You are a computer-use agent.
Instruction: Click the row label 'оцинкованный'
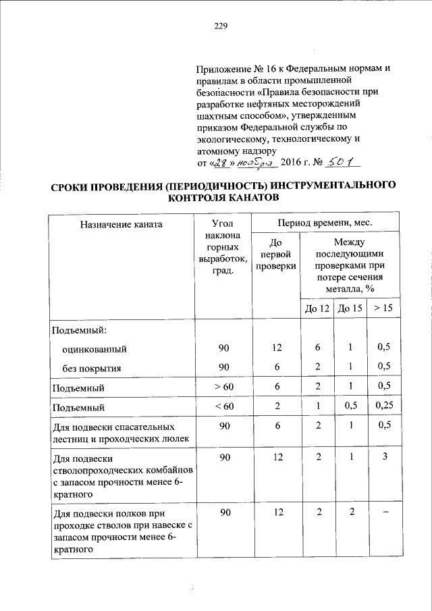pos(94,349)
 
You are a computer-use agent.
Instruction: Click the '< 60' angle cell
pos(223,406)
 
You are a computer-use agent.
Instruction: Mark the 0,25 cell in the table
pos(383,406)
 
